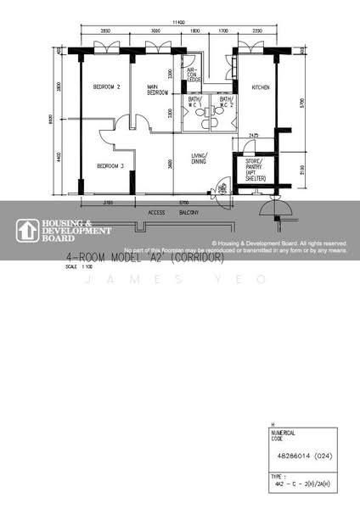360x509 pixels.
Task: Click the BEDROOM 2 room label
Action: pyautogui.click(x=107, y=87)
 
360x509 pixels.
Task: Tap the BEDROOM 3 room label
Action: pyautogui.click(x=110, y=165)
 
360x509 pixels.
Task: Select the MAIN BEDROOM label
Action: pyautogui.click(x=158, y=89)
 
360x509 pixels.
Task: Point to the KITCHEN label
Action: pyautogui.click(x=260, y=87)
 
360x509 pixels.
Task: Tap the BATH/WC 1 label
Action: pyautogui.click(x=195, y=103)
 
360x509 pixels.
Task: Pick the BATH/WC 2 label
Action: pyautogui.click(x=226, y=103)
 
